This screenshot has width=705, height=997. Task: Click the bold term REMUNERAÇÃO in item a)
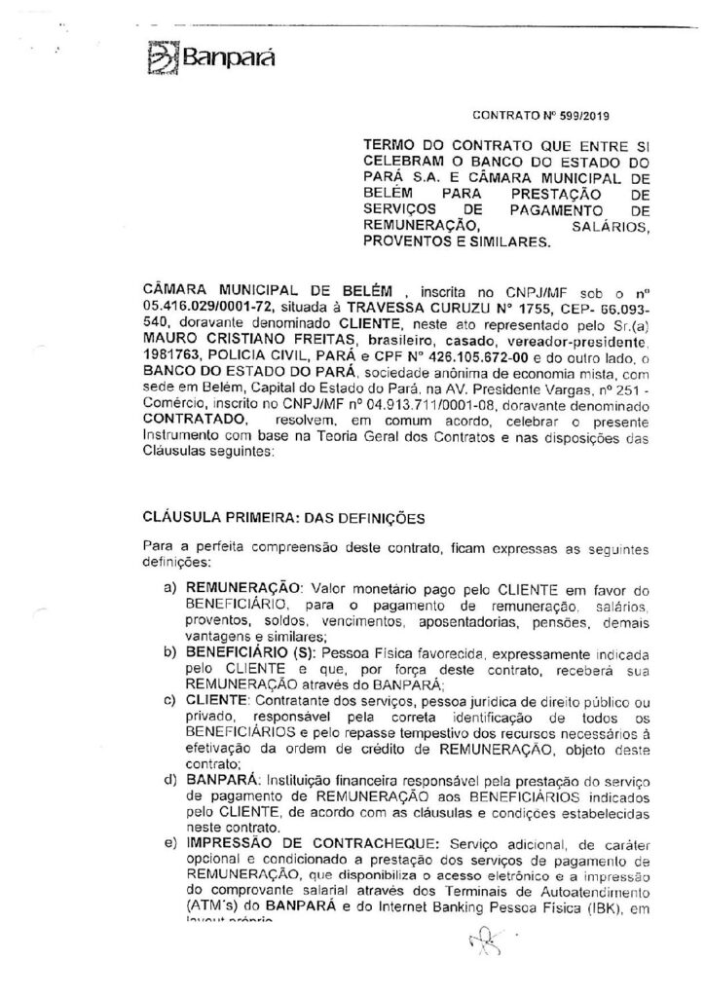[231, 589]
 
